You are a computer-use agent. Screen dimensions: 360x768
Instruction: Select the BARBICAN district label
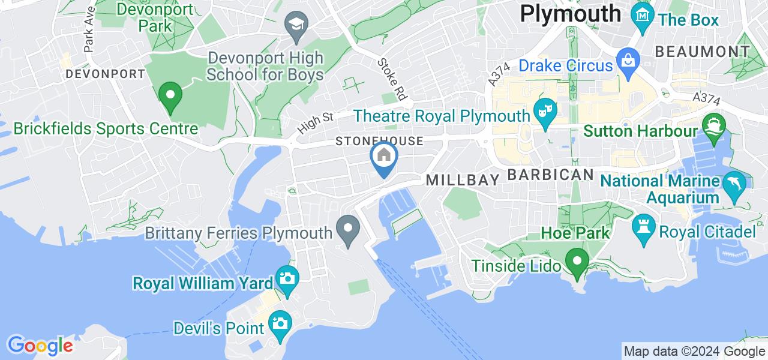click(x=551, y=175)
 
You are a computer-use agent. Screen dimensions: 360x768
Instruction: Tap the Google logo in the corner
click(x=40, y=346)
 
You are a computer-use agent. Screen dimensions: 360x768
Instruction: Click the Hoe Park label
click(x=575, y=232)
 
